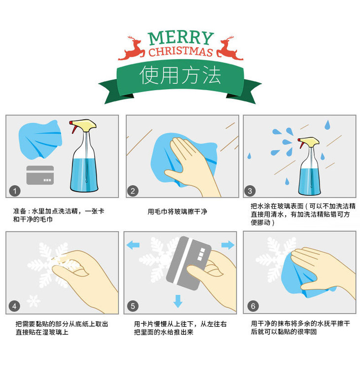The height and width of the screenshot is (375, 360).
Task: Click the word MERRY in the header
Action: (181, 38)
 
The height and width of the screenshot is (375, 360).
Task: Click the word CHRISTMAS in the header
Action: (180, 52)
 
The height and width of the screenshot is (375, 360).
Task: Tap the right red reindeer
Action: (229, 48)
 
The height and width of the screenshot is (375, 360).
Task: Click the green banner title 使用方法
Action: (180, 75)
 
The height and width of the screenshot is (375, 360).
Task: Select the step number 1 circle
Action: (16, 191)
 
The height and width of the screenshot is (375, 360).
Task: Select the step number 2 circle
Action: (133, 191)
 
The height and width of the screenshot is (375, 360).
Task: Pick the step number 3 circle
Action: (250, 191)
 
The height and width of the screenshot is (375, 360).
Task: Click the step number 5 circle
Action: (132, 306)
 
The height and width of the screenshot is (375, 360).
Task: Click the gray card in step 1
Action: (40, 175)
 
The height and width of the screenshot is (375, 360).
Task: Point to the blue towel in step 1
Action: (39, 140)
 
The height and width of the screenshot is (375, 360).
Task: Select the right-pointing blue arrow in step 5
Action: (227, 245)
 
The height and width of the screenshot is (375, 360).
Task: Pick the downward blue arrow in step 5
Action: (178, 301)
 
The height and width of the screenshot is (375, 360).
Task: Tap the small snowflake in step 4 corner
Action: (34, 300)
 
